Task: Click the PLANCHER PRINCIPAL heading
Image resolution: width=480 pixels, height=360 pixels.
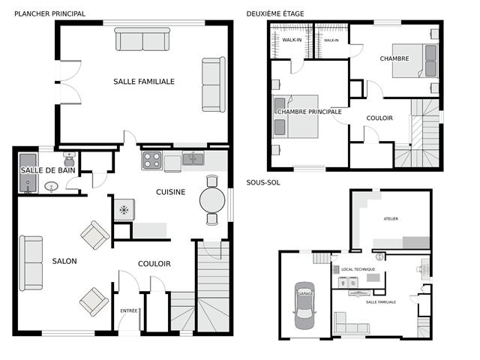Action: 50,13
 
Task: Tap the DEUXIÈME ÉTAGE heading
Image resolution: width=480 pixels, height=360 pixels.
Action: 275,13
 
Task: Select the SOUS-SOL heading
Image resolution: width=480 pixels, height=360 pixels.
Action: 263,183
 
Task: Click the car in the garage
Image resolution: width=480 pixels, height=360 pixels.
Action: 304,305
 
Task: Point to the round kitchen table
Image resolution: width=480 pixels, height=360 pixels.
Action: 212,200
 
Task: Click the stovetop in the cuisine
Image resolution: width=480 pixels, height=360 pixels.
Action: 151,160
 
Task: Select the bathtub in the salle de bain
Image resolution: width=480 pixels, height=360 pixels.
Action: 28,173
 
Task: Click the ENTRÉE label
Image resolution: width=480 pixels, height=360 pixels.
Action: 129,310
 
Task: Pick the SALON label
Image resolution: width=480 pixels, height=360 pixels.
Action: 64,261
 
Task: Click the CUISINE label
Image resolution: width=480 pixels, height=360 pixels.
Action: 170,192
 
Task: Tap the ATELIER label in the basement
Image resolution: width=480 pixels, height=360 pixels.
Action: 391,219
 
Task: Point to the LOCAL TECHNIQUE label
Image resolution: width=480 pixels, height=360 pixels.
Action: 358,269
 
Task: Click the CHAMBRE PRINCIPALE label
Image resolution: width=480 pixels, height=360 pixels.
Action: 309,112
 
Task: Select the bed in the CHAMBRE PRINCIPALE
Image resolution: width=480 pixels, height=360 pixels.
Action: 295,117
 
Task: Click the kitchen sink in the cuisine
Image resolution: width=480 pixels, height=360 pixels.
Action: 193,159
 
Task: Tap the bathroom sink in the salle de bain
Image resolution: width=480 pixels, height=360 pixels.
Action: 52,187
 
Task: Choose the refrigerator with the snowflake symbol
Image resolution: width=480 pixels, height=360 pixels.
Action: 124,210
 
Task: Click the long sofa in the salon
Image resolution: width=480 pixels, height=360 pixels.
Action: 31,263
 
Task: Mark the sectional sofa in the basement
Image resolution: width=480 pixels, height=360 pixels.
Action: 351,323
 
